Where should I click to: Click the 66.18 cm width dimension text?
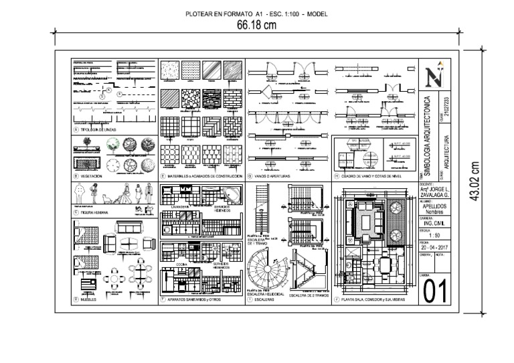click(256, 25)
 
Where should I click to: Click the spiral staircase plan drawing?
click(266, 273)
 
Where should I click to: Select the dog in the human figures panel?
click(105, 198)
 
